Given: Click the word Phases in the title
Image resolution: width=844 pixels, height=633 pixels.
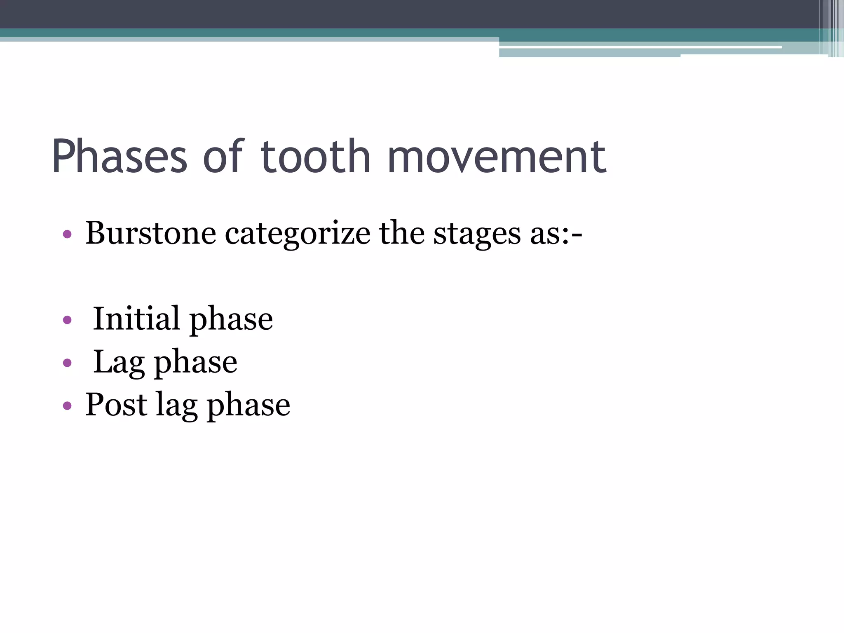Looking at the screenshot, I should point(120,157).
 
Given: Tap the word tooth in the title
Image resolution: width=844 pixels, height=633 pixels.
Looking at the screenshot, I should point(316,157).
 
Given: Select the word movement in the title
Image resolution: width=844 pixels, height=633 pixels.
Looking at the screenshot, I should point(497,157).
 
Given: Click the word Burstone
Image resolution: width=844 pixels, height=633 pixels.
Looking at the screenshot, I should point(150,233).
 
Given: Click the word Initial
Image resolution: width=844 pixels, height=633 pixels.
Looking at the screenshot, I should point(136,319).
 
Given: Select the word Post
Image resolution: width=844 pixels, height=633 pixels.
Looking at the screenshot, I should point(116,404).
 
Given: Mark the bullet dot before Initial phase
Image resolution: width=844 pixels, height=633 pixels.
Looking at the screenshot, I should point(67,320).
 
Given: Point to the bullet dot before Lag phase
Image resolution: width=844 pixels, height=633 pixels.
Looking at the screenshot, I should point(67,363).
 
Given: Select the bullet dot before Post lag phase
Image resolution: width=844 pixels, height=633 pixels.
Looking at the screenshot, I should point(67,406).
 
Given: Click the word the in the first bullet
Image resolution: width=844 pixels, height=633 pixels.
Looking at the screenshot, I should point(401,233).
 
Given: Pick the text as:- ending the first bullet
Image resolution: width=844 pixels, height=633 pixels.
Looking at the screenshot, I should point(556,234).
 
